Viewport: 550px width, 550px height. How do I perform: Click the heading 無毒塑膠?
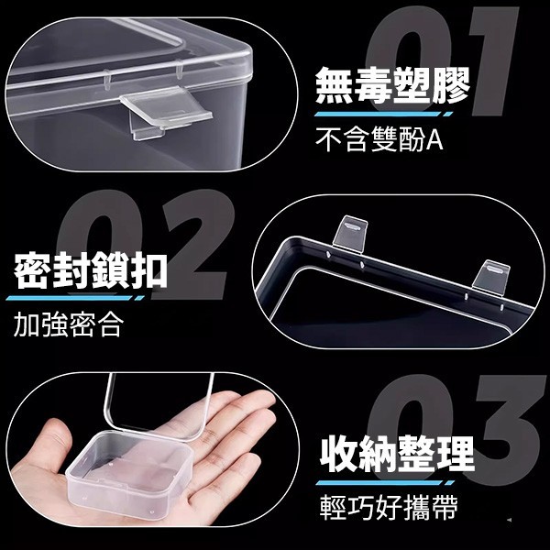coord(392,85)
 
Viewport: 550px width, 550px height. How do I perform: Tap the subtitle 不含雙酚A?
coord(379,139)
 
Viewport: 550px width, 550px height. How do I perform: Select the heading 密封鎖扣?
coord(91,270)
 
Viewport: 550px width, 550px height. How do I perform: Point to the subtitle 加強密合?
coord(69,324)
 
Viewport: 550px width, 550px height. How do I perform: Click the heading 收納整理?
coord(398,454)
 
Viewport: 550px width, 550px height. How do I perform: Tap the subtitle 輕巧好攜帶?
coord(389,507)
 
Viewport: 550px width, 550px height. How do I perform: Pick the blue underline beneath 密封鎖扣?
coord(75,298)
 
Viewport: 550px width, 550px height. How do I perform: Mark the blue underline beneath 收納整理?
coord(385,483)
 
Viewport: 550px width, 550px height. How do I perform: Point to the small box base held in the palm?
coord(129,468)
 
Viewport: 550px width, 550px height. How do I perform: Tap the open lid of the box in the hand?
coord(158,407)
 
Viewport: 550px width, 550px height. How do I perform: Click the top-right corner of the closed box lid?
coord(252,52)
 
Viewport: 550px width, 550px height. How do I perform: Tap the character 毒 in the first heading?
coord(373,85)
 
